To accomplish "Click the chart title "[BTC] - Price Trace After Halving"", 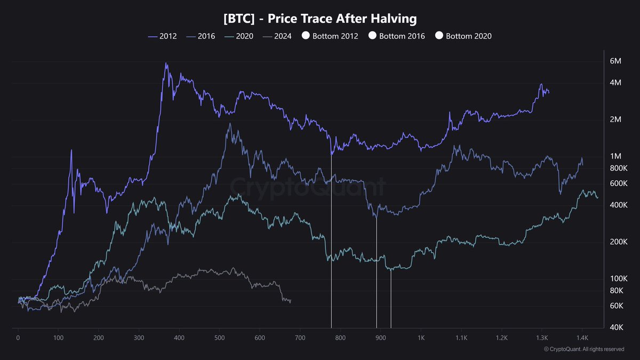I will tap(320, 19).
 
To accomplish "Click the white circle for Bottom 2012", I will tap(306, 36).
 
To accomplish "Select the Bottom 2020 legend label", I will tap(469, 36).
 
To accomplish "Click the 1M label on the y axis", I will tap(615, 156).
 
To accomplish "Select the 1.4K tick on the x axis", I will tap(582, 338).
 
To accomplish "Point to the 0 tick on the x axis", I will tap(18, 338).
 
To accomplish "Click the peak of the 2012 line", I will tap(166, 63).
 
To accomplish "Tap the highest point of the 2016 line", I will tap(229, 124).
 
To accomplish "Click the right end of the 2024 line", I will tap(291, 301).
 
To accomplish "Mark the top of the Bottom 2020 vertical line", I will tap(391, 270).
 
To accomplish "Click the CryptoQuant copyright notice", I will tap(583, 349).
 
